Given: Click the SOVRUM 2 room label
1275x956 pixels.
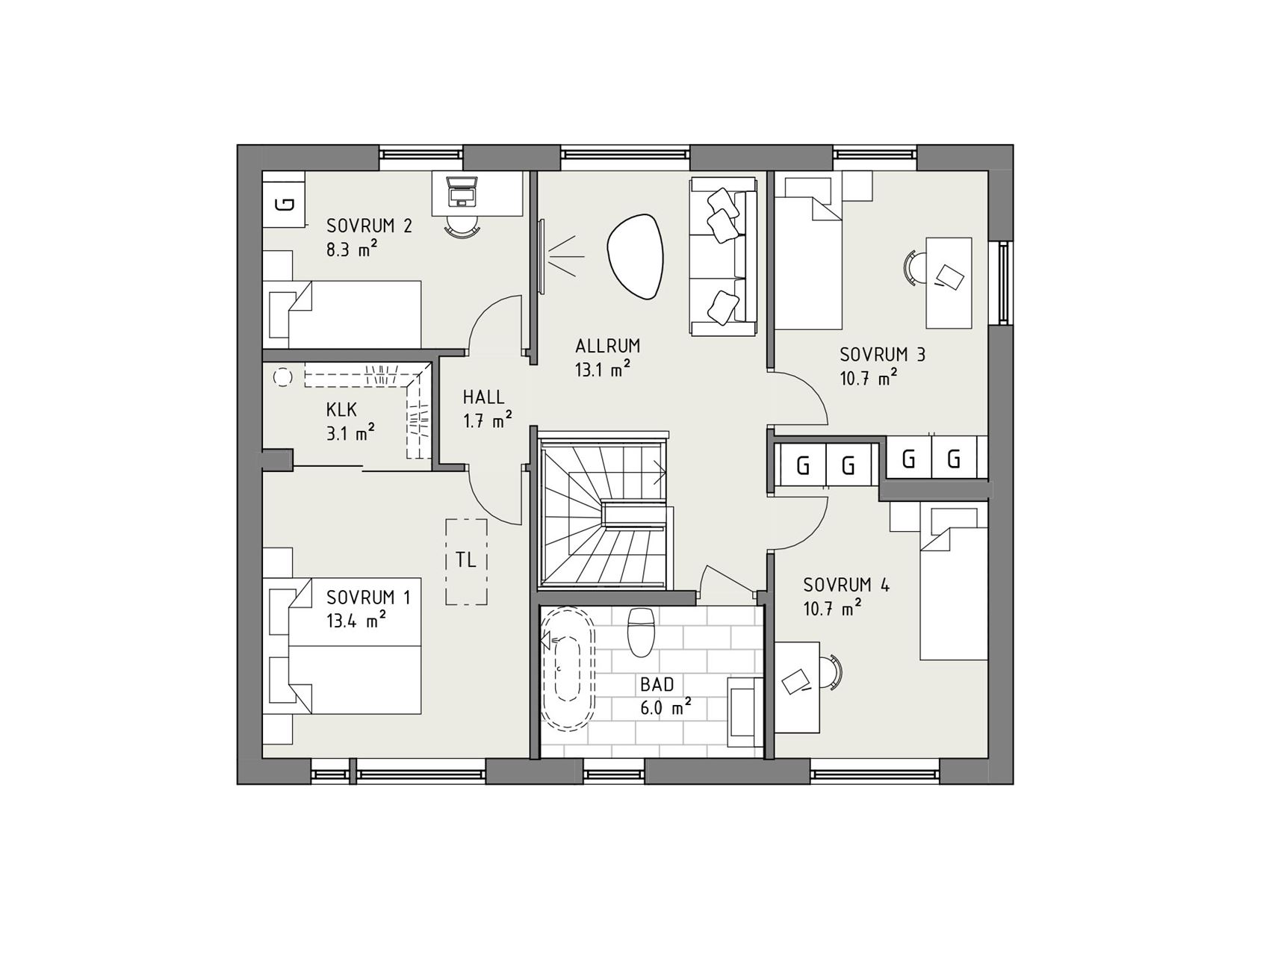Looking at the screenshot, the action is [369, 226].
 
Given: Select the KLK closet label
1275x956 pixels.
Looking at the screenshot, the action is [341, 409].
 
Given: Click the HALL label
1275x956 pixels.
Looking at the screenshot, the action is [483, 397].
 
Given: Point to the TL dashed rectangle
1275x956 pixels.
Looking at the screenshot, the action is [467, 561].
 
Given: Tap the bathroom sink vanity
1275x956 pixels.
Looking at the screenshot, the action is [745, 713].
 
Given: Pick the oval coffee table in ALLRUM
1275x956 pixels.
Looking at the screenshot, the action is [635, 256].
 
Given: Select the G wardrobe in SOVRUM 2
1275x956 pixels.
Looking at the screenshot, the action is [284, 203].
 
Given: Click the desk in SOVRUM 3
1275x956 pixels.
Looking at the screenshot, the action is [949, 282].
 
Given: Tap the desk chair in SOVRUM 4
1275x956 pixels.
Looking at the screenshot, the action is [831, 671].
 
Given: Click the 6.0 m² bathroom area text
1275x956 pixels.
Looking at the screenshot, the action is [665, 707].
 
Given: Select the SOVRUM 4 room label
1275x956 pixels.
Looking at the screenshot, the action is [846, 585].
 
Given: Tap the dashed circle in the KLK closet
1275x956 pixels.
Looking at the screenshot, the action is [283, 378].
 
